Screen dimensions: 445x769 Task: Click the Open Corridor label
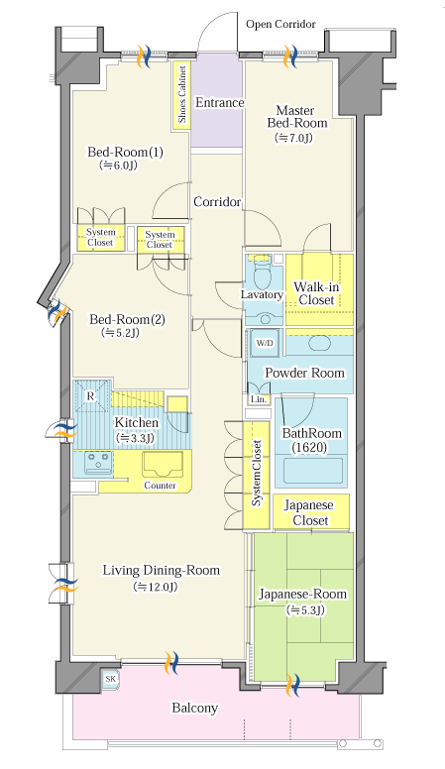pyautogui.click(x=280, y=24)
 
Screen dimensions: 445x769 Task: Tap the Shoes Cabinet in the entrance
pyautogui.click(x=181, y=95)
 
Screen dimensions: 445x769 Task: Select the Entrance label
pyautogui.click(x=219, y=102)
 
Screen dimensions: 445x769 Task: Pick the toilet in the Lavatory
pyautogui.click(x=263, y=274)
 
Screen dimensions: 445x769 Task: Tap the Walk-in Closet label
pyautogui.click(x=316, y=293)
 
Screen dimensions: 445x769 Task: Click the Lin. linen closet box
pyautogui.click(x=259, y=399)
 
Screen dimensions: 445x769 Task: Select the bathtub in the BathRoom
pyautogui.click(x=313, y=471)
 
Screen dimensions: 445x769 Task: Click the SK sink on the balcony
pyautogui.click(x=111, y=679)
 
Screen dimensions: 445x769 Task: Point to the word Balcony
pyautogui.click(x=195, y=708)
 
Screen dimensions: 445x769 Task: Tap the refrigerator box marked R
pyautogui.click(x=91, y=396)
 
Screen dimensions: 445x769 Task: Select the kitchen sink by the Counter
pyautogui.click(x=163, y=464)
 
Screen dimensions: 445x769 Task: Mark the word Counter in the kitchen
pyautogui.click(x=160, y=485)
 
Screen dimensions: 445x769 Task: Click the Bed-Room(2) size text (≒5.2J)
pyautogui.click(x=121, y=333)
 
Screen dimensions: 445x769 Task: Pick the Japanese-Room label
pyautogui.click(x=302, y=594)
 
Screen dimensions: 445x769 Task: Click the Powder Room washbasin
pyautogui.click(x=319, y=343)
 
